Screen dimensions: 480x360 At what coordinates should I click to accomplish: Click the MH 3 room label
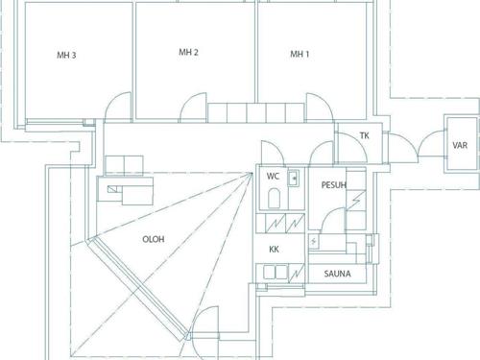(66, 56)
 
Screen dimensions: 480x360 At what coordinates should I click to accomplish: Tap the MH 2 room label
(188, 53)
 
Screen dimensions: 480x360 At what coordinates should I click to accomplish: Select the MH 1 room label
(300, 54)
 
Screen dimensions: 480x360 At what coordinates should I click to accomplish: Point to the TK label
(365, 135)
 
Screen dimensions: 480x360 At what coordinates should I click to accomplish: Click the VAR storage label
(460, 146)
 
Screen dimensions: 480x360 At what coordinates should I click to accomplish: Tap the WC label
(273, 176)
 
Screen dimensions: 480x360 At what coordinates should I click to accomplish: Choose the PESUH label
(334, 185)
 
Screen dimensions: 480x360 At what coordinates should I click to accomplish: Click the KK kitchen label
(274, 249)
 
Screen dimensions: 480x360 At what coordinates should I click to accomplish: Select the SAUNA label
(337, 274)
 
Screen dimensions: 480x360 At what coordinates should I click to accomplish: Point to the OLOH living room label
(154, 239)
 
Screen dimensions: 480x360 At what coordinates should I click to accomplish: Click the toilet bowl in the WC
(274, 198)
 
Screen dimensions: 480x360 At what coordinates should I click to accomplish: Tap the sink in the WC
(294, 178)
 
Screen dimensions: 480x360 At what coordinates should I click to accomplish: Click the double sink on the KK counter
(276, 273)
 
